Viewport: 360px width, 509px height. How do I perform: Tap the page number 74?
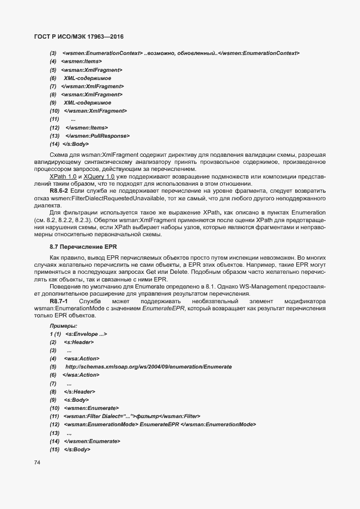[x=37, y=463]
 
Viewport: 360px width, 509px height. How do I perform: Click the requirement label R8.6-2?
[x=60, y=192]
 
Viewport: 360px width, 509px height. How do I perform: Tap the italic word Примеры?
[x=63, y=325]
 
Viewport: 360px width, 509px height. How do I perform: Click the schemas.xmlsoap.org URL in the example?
[x=148, y=367]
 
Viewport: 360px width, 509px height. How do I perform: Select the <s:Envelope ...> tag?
[x=86, y=334]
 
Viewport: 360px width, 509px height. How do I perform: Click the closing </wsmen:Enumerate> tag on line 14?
[x=92, y=441]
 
